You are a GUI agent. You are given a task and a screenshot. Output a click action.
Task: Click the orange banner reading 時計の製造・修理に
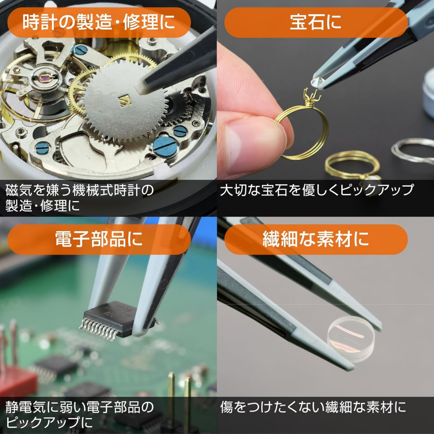click(99, 23)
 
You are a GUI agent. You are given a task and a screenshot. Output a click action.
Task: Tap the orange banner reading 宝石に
click(316, 23)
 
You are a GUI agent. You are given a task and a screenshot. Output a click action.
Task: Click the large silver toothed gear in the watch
click(125, 101)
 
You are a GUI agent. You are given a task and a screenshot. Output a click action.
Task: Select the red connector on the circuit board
click(16, 378)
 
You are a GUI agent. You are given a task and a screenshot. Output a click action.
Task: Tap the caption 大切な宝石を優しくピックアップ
click(317, 190)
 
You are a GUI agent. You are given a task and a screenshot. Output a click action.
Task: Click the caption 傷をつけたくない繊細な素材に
click(313, 407)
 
